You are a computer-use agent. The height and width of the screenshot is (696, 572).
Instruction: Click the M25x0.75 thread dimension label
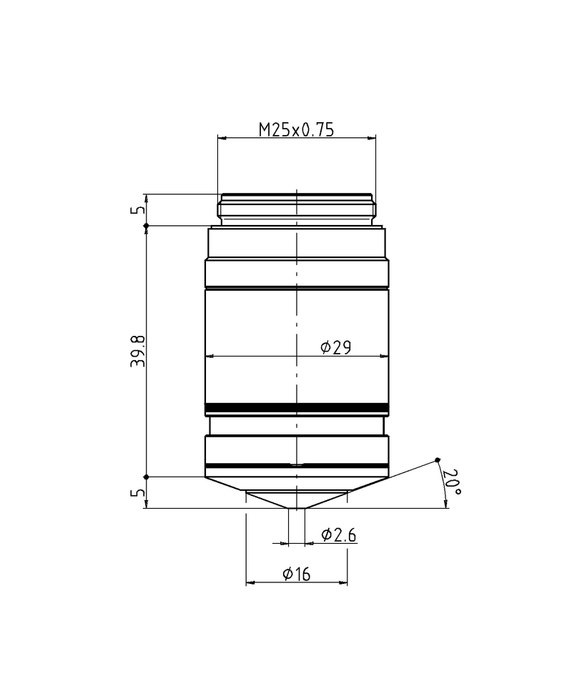click(x=296, y=129)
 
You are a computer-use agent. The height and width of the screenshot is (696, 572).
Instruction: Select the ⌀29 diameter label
click(x=335, y=347)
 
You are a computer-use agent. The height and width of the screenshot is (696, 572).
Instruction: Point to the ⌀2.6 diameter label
click(x=339, y=535)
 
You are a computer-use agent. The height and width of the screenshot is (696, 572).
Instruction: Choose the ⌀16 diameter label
click(x=296, y=574)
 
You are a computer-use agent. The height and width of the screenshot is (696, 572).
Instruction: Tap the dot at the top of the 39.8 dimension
click(x=147, y=226)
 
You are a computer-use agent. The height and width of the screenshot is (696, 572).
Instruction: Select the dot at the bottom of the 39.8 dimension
click(x=147, y=477)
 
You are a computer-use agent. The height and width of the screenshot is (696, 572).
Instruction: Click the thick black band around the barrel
click(x=297, y=408)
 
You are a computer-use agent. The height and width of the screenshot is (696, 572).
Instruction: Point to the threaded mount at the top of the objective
click(x=297, y=208)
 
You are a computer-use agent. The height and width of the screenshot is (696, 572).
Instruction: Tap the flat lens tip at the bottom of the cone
click(x=296, y=508)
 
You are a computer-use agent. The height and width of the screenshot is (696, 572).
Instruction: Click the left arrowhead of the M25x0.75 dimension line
click(x=221, y=138)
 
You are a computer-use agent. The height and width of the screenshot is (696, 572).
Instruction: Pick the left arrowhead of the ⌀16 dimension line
click(x=250, y=583)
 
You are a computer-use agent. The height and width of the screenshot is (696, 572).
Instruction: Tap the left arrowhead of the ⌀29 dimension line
click(x=209, y=356)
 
